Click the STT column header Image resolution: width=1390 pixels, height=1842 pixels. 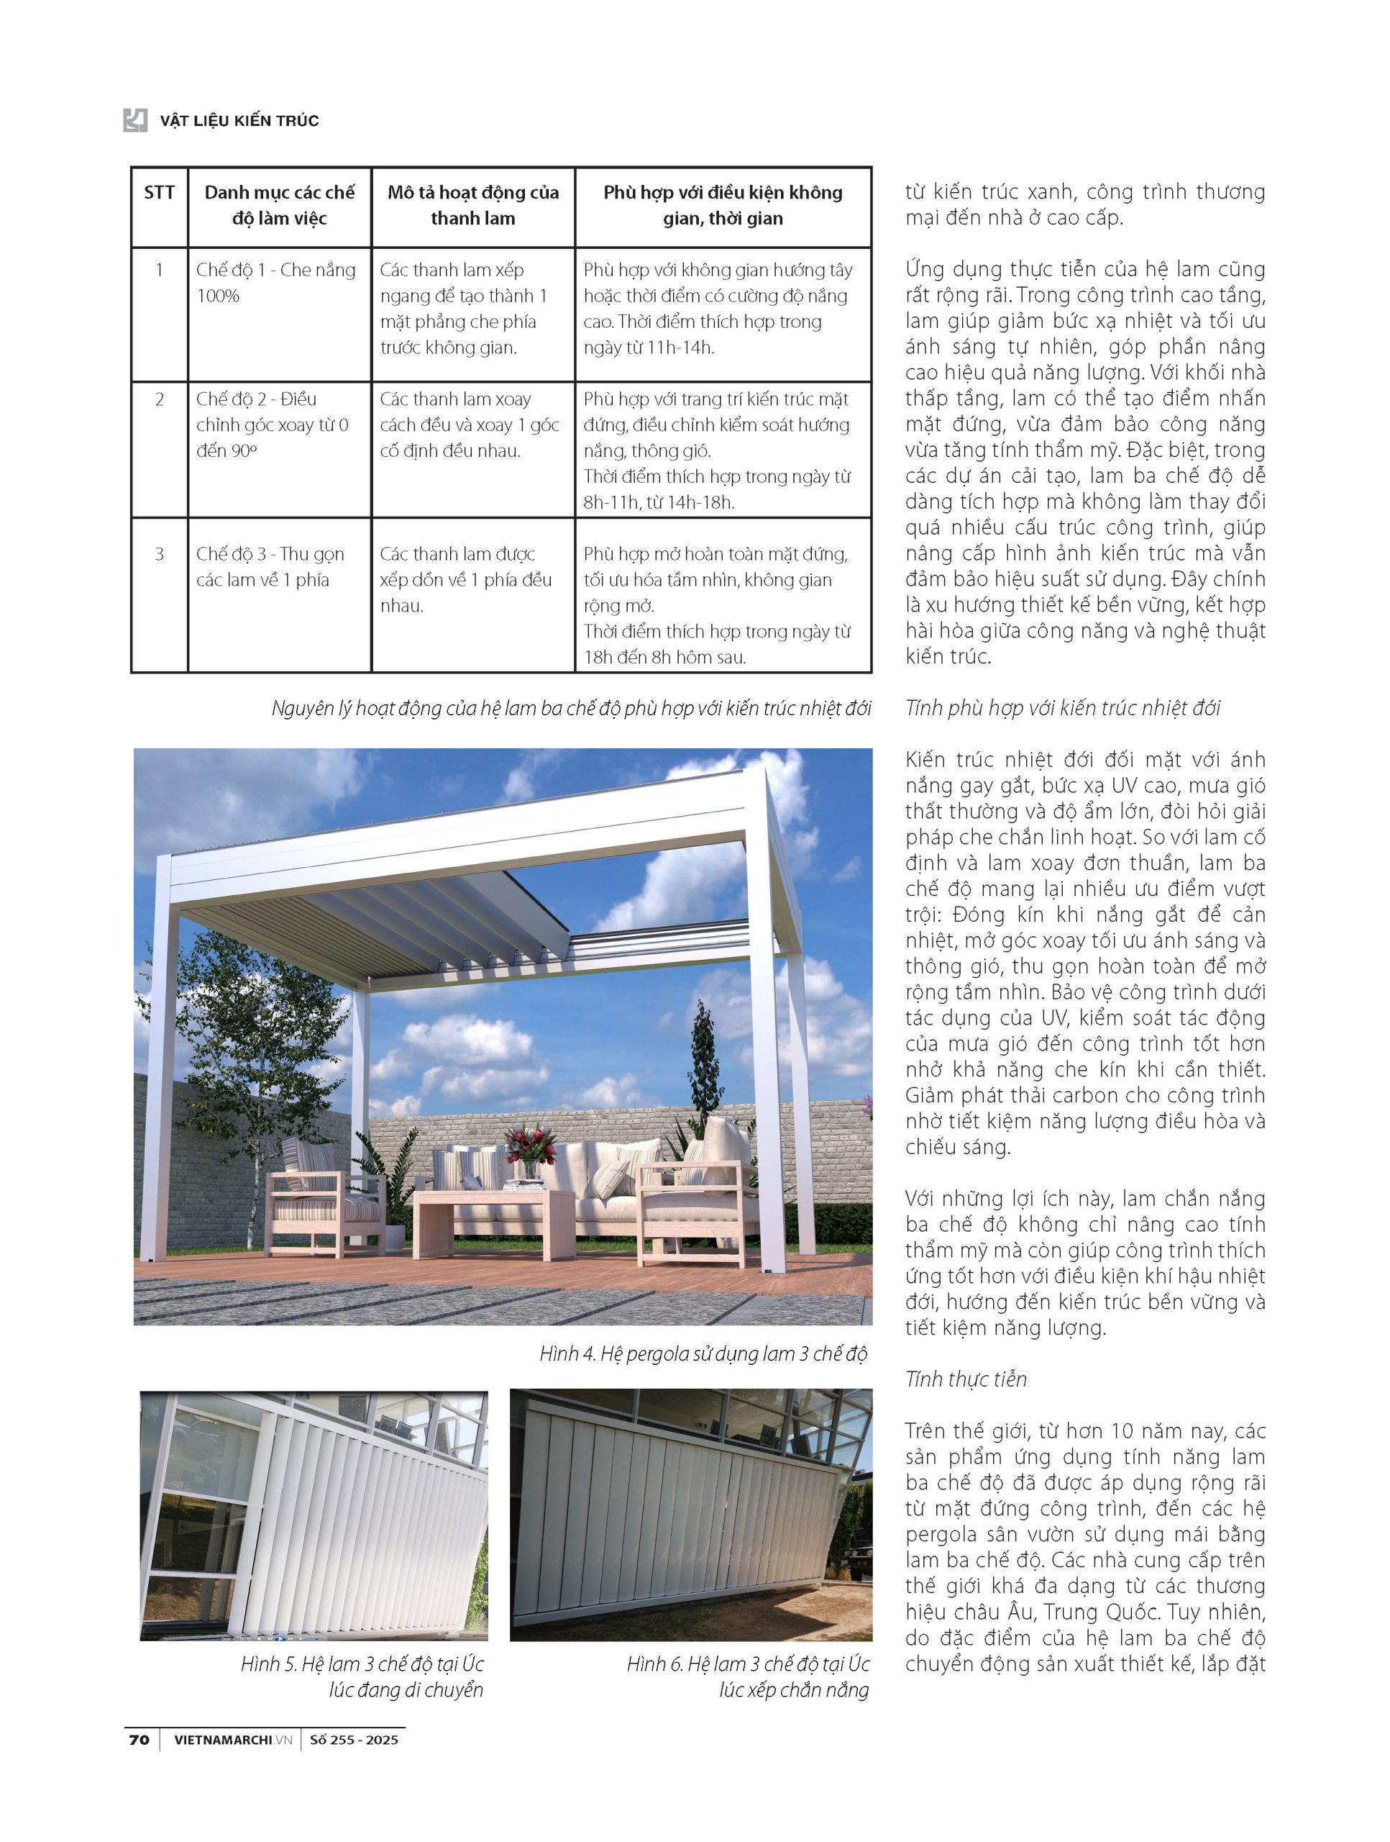tap(159, 193)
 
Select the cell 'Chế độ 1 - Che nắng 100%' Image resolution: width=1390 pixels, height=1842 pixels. tap(275, 282)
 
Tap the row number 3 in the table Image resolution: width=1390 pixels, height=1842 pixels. tap(159, 554)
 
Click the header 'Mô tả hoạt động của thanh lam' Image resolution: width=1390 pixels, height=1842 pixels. tap(472, 206)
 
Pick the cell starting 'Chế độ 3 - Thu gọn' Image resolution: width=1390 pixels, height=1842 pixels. tap(270, 566)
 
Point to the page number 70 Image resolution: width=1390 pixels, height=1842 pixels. tap(139, 1740)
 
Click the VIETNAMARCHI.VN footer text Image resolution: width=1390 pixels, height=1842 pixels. tap(233, 1740)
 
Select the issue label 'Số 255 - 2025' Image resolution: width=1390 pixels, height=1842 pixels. tap(354, 1740)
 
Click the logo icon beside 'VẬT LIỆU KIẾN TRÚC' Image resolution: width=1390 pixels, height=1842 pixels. tap(135, 120)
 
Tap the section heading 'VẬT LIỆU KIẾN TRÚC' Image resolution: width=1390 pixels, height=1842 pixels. tap(239, 121)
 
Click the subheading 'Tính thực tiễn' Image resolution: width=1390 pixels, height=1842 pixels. tap(966, 1379)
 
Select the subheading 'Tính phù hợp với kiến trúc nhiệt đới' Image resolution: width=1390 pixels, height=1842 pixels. tap(1062, 708)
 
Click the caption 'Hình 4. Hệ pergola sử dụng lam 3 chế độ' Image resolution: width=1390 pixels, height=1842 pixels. tap(703, 1353)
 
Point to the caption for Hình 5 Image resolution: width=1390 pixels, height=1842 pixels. tap(362, 1677)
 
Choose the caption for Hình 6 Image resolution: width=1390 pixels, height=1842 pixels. tap(747, 1677)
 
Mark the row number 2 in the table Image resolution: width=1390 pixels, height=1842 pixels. tap(159, 399)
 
